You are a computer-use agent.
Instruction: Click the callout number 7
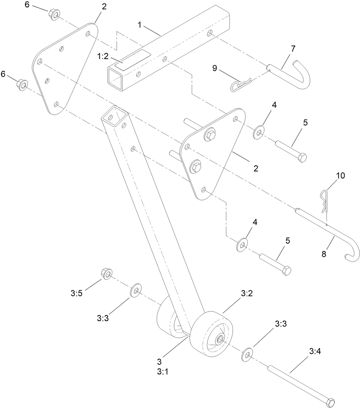pos(292,49)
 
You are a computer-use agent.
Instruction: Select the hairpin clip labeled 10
pos(323,200)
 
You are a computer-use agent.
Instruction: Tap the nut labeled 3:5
pos(106,274)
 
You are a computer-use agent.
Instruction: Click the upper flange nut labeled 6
pos(54,14)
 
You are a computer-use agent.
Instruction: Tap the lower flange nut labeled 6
pos(22,85)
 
